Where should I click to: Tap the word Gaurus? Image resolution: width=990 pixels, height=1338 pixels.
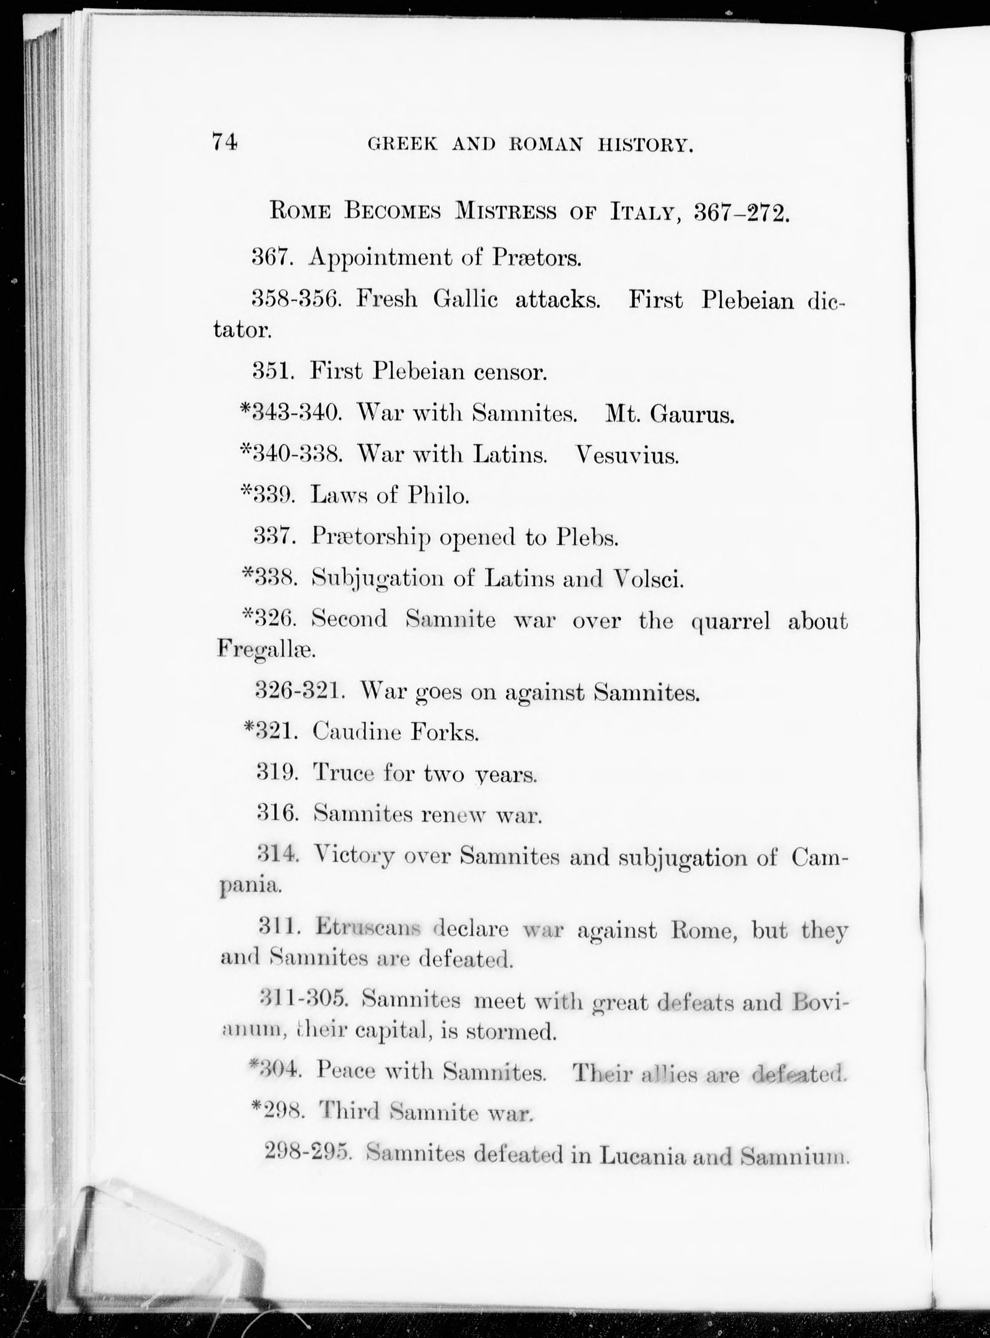(x=692, y=414)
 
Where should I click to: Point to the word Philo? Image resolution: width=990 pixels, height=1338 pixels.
(x=438, y=496)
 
